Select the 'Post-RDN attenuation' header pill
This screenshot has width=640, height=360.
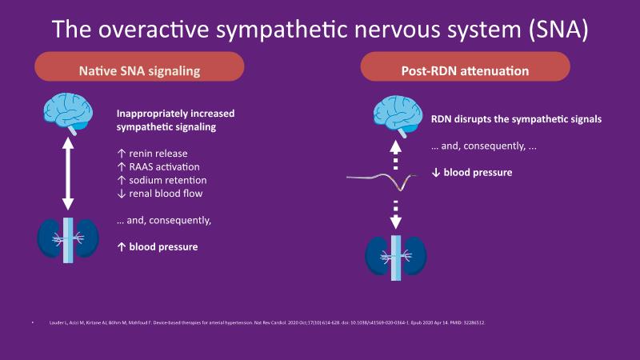pyautogui.click(x=465, y=70)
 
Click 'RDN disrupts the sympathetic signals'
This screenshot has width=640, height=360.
pyautogui.click(x=516, y=119)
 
